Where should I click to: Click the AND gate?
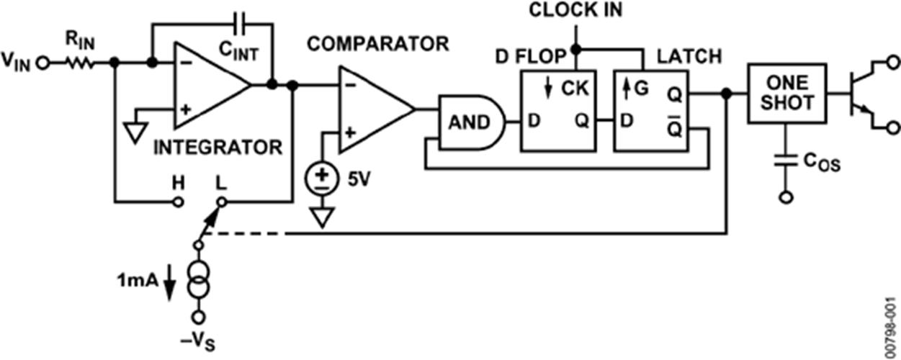coord(470,122)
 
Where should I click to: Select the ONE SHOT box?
coord(787,93)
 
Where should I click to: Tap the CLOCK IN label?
coord(575,11)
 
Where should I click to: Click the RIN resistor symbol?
coord(80,63)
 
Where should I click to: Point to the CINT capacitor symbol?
coord(241,24)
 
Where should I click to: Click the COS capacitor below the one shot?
coord(786,160)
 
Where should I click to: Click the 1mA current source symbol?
coord(198,281)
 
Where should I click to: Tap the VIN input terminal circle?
coord(42,63)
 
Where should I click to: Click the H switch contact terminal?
coord(179,202)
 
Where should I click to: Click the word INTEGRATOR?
coord(218,148)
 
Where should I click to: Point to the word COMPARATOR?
coord(377,44)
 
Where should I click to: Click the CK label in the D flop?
coord(575,88)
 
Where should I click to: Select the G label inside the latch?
coord(641,89)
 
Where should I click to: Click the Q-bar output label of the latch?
coord(675,127)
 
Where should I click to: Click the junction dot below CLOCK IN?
coord(576,50)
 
